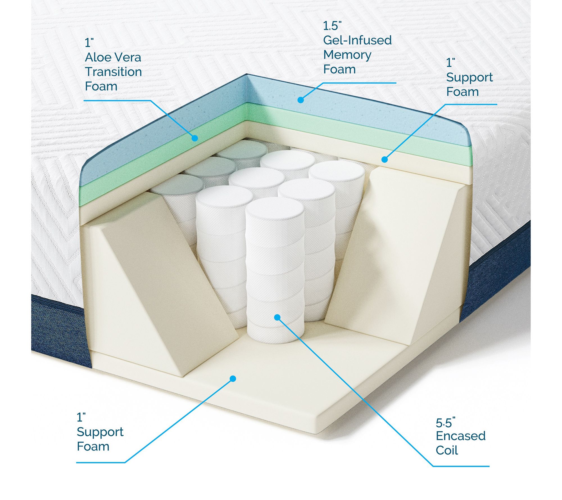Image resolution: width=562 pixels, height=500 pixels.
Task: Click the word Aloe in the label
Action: click(98, 57)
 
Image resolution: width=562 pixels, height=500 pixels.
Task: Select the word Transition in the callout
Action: click(113, 72)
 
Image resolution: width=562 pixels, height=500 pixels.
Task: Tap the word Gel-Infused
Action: click(357, 40)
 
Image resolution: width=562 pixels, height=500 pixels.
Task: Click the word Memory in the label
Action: click(347, 55)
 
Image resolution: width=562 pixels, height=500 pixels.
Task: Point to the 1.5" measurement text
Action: click(332, 26)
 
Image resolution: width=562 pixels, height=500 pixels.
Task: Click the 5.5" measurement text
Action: click(445, 423)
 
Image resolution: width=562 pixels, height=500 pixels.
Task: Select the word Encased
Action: click(461, 436)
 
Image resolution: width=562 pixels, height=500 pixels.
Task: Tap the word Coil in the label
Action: click(447, 450)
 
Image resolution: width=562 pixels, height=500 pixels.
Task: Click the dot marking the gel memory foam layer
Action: click(301, 100)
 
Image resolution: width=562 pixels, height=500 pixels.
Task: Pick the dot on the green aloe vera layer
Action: click(195, 138)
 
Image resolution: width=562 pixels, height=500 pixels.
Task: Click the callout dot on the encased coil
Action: click(277, 317)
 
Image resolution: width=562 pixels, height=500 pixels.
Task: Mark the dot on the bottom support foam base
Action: click(233, 379)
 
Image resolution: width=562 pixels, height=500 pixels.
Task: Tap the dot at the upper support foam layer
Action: click(385, 159)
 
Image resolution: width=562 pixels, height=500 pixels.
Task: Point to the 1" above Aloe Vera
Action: click(89, 43)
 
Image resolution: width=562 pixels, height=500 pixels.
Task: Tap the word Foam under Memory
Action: click(339, 69)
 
